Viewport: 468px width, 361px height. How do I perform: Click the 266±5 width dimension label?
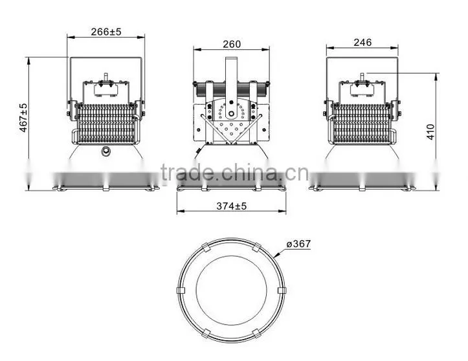(106, 32)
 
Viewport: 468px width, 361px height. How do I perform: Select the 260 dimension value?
(232, 44)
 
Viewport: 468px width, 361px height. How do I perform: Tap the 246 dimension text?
(362, 42)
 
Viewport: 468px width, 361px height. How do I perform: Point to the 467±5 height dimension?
(23, 118)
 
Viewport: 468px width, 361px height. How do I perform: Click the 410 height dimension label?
(430, 131)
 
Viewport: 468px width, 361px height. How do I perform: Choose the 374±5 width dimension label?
(232, 206)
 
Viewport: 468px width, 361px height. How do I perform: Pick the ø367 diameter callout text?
(298, 244)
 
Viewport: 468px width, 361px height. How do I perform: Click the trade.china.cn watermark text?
(234, 173)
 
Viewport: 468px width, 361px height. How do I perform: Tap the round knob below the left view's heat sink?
(106, 151)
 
